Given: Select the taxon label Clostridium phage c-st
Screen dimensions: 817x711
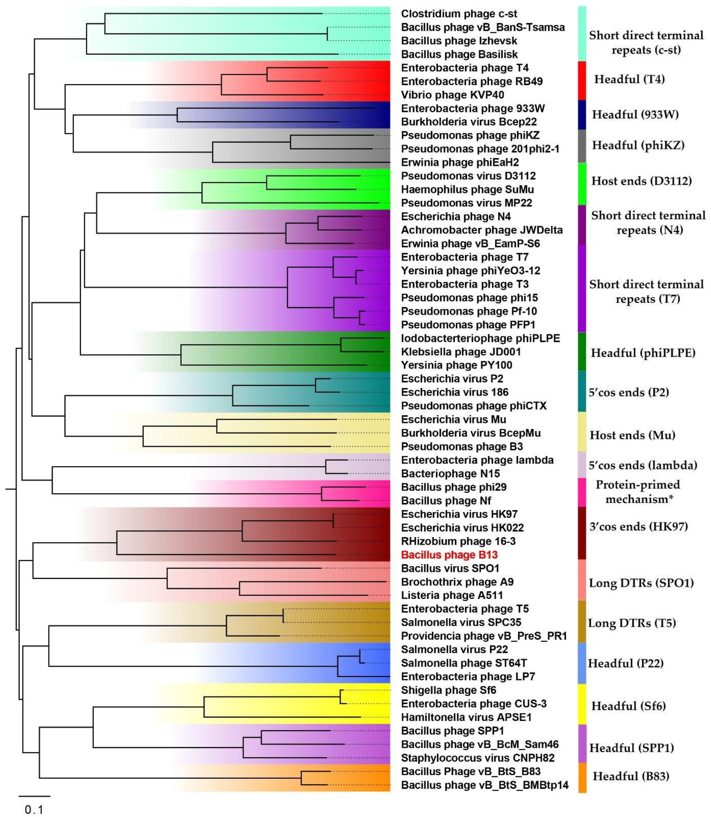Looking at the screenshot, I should tap(459, 14).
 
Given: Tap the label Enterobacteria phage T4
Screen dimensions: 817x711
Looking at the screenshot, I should tap(465, 68).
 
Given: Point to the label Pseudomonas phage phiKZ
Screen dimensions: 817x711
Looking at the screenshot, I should tap(470, 135).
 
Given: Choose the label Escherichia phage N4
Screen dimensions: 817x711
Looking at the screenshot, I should tap(456, 216).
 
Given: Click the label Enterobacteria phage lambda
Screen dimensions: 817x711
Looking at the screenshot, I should tap(477, 460).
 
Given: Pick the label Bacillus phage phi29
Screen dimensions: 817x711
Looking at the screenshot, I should tap(453, 487).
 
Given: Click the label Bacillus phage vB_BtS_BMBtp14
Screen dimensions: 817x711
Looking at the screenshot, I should tap(484, 785).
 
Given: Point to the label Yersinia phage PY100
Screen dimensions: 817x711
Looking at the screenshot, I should tap(456, 365).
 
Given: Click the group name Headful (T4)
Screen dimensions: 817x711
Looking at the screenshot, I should tap(629, 79).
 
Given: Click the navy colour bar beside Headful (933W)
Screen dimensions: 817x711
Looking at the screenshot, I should tap(582, 115).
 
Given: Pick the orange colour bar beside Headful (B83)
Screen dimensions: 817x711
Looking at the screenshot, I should tap(582, 777).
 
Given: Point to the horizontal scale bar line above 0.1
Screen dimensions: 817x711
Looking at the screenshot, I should tap(34, 796).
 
